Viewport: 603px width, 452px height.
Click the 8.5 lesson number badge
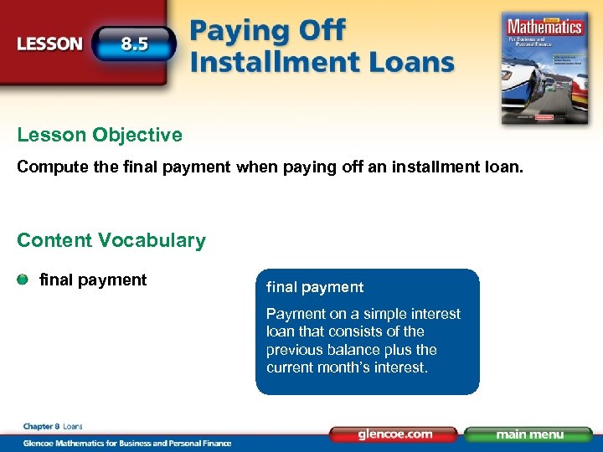click(134, 44)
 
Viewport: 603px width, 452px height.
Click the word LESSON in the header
click(50, 44)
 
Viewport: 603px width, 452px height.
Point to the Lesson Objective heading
click(100, 135)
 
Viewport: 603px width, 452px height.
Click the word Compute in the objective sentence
click(49, 167)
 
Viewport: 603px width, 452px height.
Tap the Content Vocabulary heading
click(111, 241)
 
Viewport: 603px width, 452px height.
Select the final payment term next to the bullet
click(93, 280)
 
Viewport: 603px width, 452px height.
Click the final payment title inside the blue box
click(315, 287)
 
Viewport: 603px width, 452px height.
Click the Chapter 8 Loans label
click(53, 427)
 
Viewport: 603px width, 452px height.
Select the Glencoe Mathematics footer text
click(126, 443)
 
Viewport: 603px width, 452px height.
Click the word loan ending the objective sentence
click(505, 167)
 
